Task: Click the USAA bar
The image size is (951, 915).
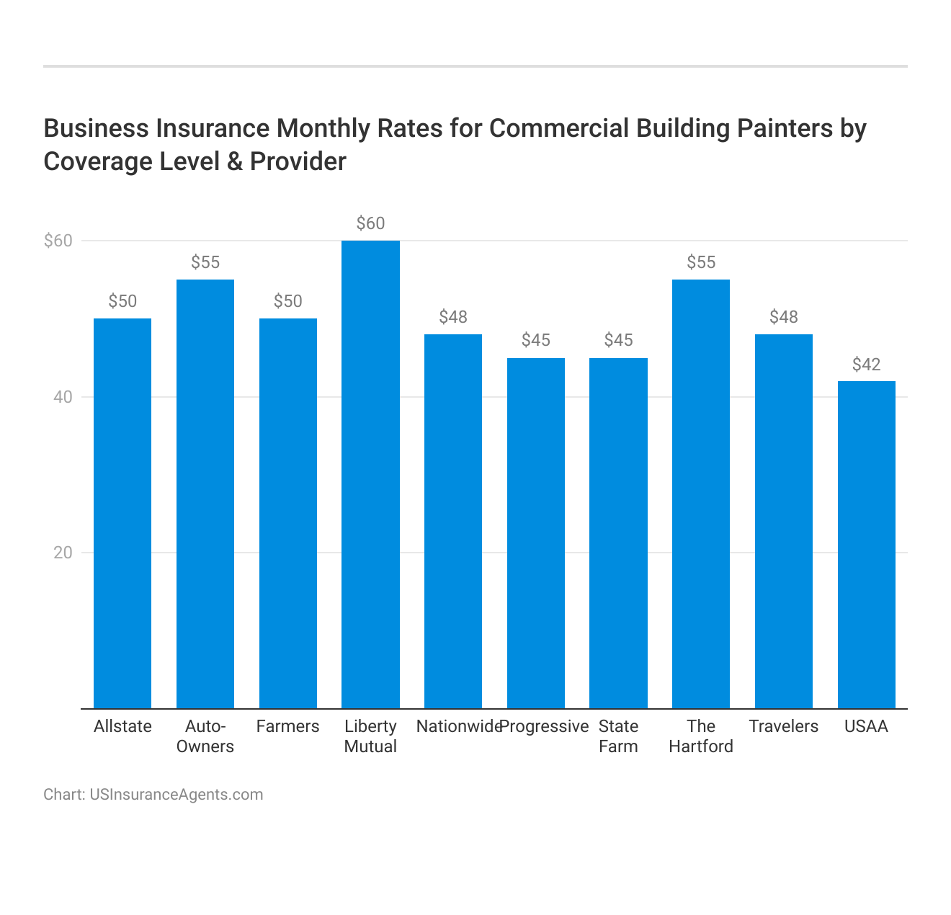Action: tap(866, 545)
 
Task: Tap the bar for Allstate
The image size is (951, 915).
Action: tap(122, 513)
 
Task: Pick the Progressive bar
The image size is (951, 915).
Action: tap(535, 533)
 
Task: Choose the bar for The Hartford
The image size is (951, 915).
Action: tap(700, 494)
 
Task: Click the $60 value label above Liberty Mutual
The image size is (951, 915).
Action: tap(370, 223)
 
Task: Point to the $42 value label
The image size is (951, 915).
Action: tap(866, 365)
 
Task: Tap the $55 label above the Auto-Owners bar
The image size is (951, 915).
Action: tap(205, 262)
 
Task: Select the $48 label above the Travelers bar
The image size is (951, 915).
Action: tap(783, 317)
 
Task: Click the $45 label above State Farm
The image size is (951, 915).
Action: tap(618, 340)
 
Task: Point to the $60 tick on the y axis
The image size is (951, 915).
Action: tap(58, 241)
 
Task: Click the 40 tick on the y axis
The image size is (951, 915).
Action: tap(63, 397)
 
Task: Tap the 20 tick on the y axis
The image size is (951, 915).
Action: tap(63, 553)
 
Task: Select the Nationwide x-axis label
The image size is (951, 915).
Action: tap(458, 726)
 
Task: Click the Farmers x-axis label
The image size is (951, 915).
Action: tap(287, 726)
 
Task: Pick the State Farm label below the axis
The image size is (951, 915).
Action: tap(618, 736)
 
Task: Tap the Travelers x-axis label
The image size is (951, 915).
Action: tap(783, 726)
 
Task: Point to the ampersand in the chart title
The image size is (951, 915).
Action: tap(234, 161)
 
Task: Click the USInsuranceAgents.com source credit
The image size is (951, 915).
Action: tap(176, 795)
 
